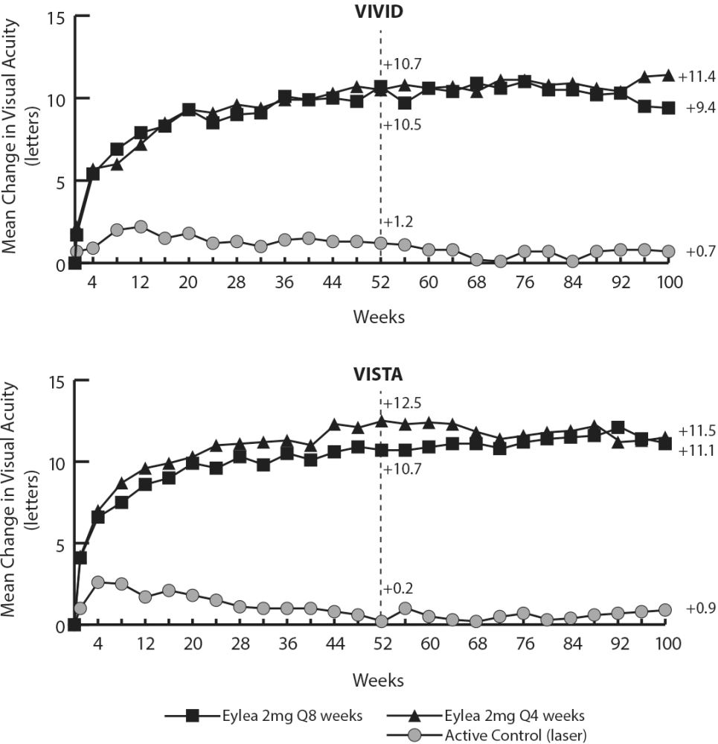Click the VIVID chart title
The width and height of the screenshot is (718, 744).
379,11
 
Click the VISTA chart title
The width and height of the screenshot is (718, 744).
378,375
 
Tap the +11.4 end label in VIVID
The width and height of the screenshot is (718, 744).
696,77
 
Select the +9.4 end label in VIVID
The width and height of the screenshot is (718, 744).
701,108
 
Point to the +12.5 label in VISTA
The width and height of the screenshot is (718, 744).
402,404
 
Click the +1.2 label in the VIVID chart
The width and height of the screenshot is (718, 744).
398,222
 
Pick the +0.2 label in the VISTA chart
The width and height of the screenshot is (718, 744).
398,589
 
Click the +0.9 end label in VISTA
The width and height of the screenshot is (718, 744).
701,608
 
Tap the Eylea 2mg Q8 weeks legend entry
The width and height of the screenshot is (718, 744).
263,716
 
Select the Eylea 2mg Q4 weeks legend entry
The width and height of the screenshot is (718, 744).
486,716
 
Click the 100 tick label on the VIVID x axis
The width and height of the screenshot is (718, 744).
669,282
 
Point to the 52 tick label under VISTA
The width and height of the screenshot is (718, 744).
383,644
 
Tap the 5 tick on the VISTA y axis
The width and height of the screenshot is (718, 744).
60,546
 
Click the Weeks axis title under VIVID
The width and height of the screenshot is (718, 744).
379,317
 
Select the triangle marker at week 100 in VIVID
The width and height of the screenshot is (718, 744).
668,75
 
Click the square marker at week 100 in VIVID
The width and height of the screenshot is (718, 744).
668,108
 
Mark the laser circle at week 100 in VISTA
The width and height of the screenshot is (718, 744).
665,610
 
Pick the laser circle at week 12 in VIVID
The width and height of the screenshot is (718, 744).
141,226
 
